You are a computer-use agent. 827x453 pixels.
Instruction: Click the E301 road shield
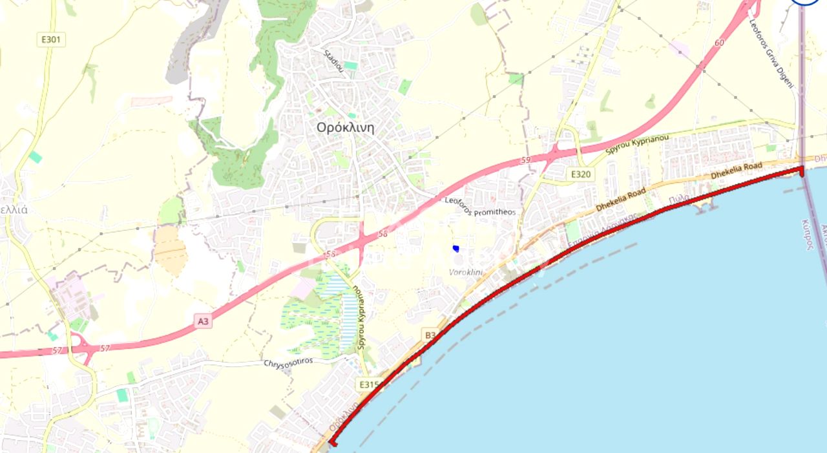[50, 40]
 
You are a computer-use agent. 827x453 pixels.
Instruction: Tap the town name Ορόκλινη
[345, 127]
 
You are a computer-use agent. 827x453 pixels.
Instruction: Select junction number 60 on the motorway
[720, 43]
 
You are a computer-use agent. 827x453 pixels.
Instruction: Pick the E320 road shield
[580, 174]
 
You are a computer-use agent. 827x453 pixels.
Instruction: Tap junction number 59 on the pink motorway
[525, 159]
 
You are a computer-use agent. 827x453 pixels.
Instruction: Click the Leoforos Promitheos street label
[480, 207]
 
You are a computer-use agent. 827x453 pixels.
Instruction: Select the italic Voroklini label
[466, 272]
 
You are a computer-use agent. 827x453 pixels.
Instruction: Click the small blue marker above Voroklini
[456, 248]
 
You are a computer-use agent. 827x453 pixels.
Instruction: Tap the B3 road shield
[431, 334]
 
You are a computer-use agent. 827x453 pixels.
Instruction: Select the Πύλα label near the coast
[680, 198]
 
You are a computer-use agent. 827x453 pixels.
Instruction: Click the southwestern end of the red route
[333, 443]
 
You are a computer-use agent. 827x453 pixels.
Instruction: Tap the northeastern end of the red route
[801, 169]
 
